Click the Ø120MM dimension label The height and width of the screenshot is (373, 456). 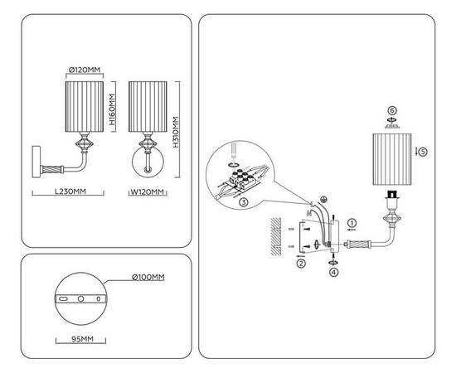[x=85, y=70]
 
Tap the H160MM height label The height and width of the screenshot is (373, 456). [x=112, y=109]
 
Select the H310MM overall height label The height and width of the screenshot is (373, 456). [x=176, y=132]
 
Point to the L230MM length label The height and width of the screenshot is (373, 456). [x=70, y=191]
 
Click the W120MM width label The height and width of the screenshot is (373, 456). [x=148, y=191]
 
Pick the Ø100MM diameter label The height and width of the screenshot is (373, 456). [x=148, y=277]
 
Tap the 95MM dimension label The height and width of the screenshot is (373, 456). [x=82, y=339]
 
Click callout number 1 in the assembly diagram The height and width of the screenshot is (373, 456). [x=352, y=223]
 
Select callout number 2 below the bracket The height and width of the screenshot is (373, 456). [x=301, y=264]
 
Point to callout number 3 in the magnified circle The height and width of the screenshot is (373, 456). [x=244, y=202]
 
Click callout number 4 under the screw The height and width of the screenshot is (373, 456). [x=334, y=273]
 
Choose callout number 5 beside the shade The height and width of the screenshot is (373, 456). [x=423, y=152]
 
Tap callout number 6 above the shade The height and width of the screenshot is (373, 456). [x=392, y=111]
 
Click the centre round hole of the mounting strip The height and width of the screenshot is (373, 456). [x=81, y=298]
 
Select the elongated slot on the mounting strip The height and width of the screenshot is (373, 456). [x=63, y=298]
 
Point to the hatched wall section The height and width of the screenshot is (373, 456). [x=276, y=236]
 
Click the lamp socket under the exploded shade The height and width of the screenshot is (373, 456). [x=392, y=195]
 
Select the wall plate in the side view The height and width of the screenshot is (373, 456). [x=36, y=162]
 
